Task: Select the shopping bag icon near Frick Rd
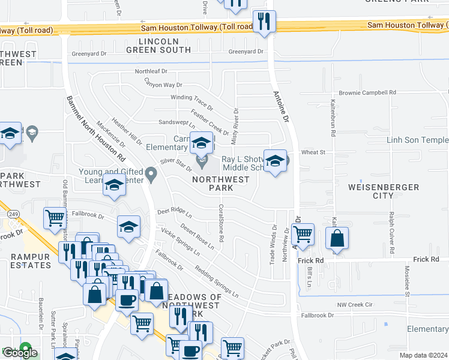click(337, 239)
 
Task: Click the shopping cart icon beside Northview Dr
click(303, 234)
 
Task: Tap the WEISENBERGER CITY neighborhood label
click(384, 191)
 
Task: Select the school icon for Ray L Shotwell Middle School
click(275, 161)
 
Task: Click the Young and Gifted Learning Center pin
click(151, 175)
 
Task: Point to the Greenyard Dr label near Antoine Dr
click(246, 52)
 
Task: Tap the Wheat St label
click(313, 152)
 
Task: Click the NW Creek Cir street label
click(355, 305)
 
